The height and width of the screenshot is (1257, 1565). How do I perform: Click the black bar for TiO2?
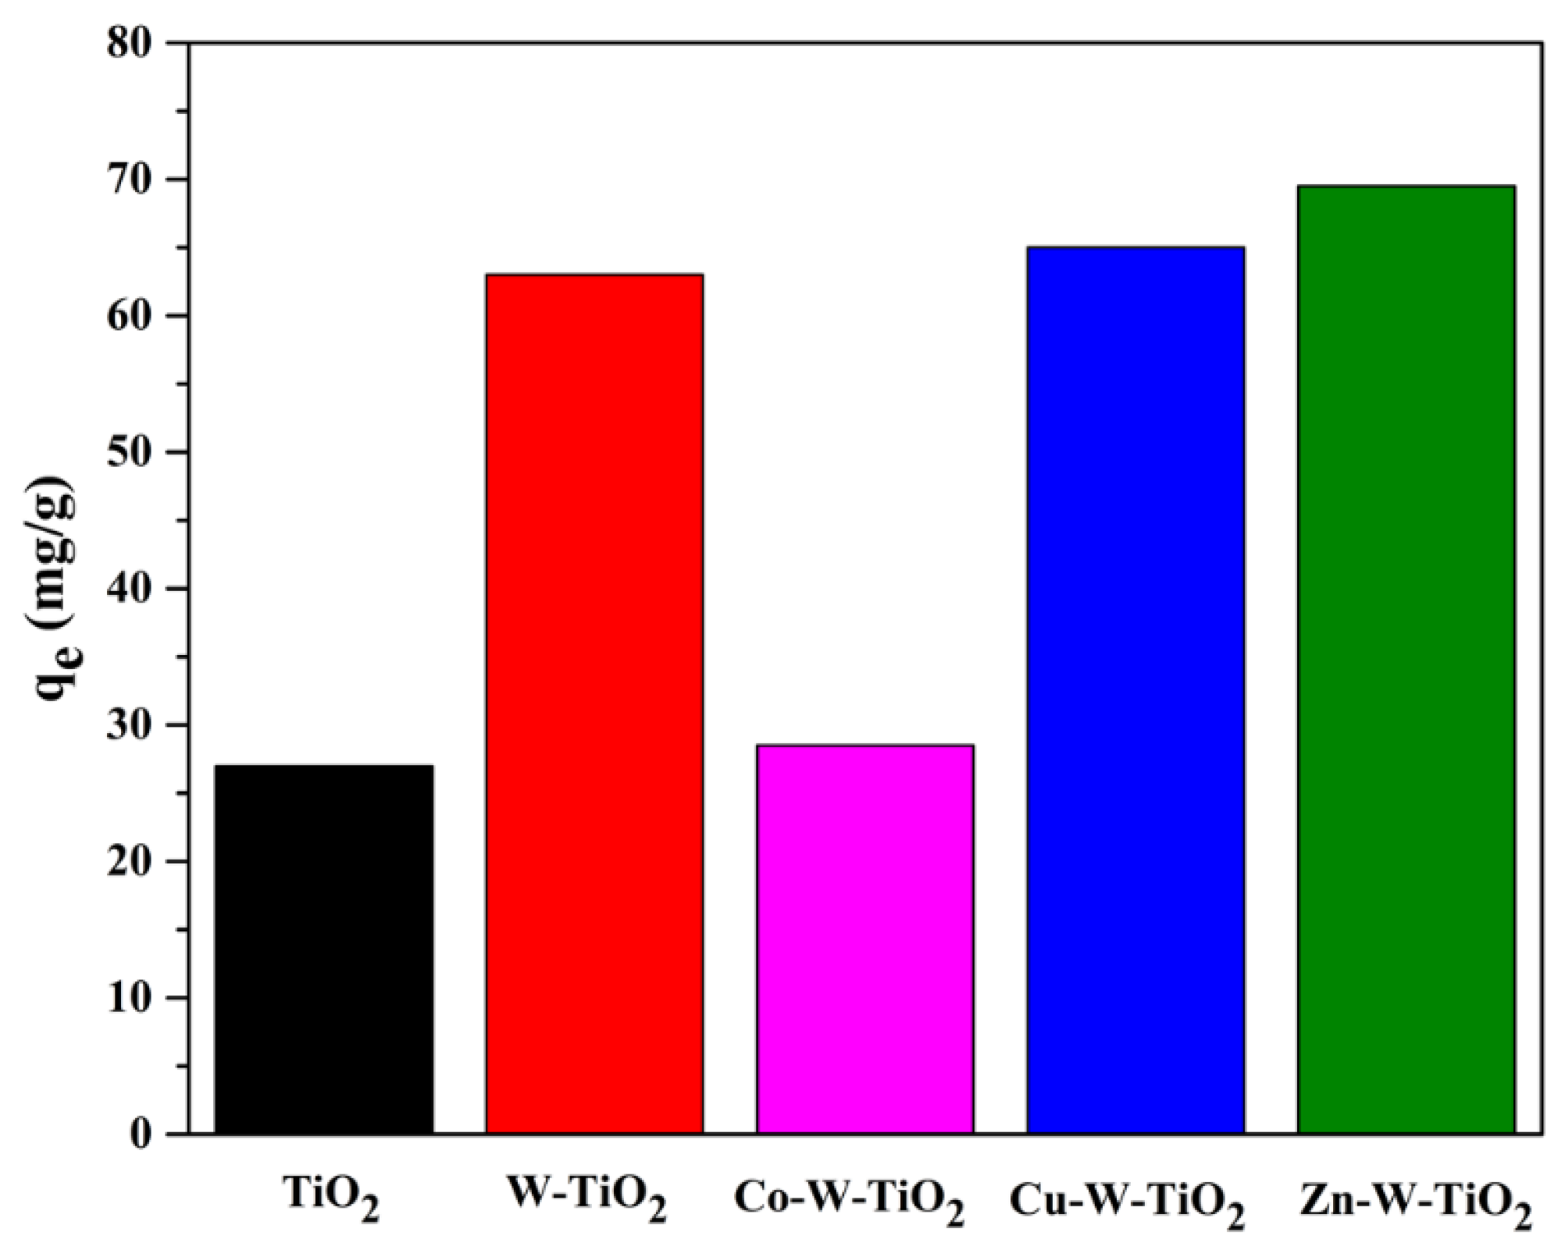[x=324, y=949]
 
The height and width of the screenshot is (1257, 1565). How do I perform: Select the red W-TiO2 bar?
[x=594, y=703]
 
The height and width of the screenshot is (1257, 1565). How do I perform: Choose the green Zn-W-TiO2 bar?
[x=1406, y=659]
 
